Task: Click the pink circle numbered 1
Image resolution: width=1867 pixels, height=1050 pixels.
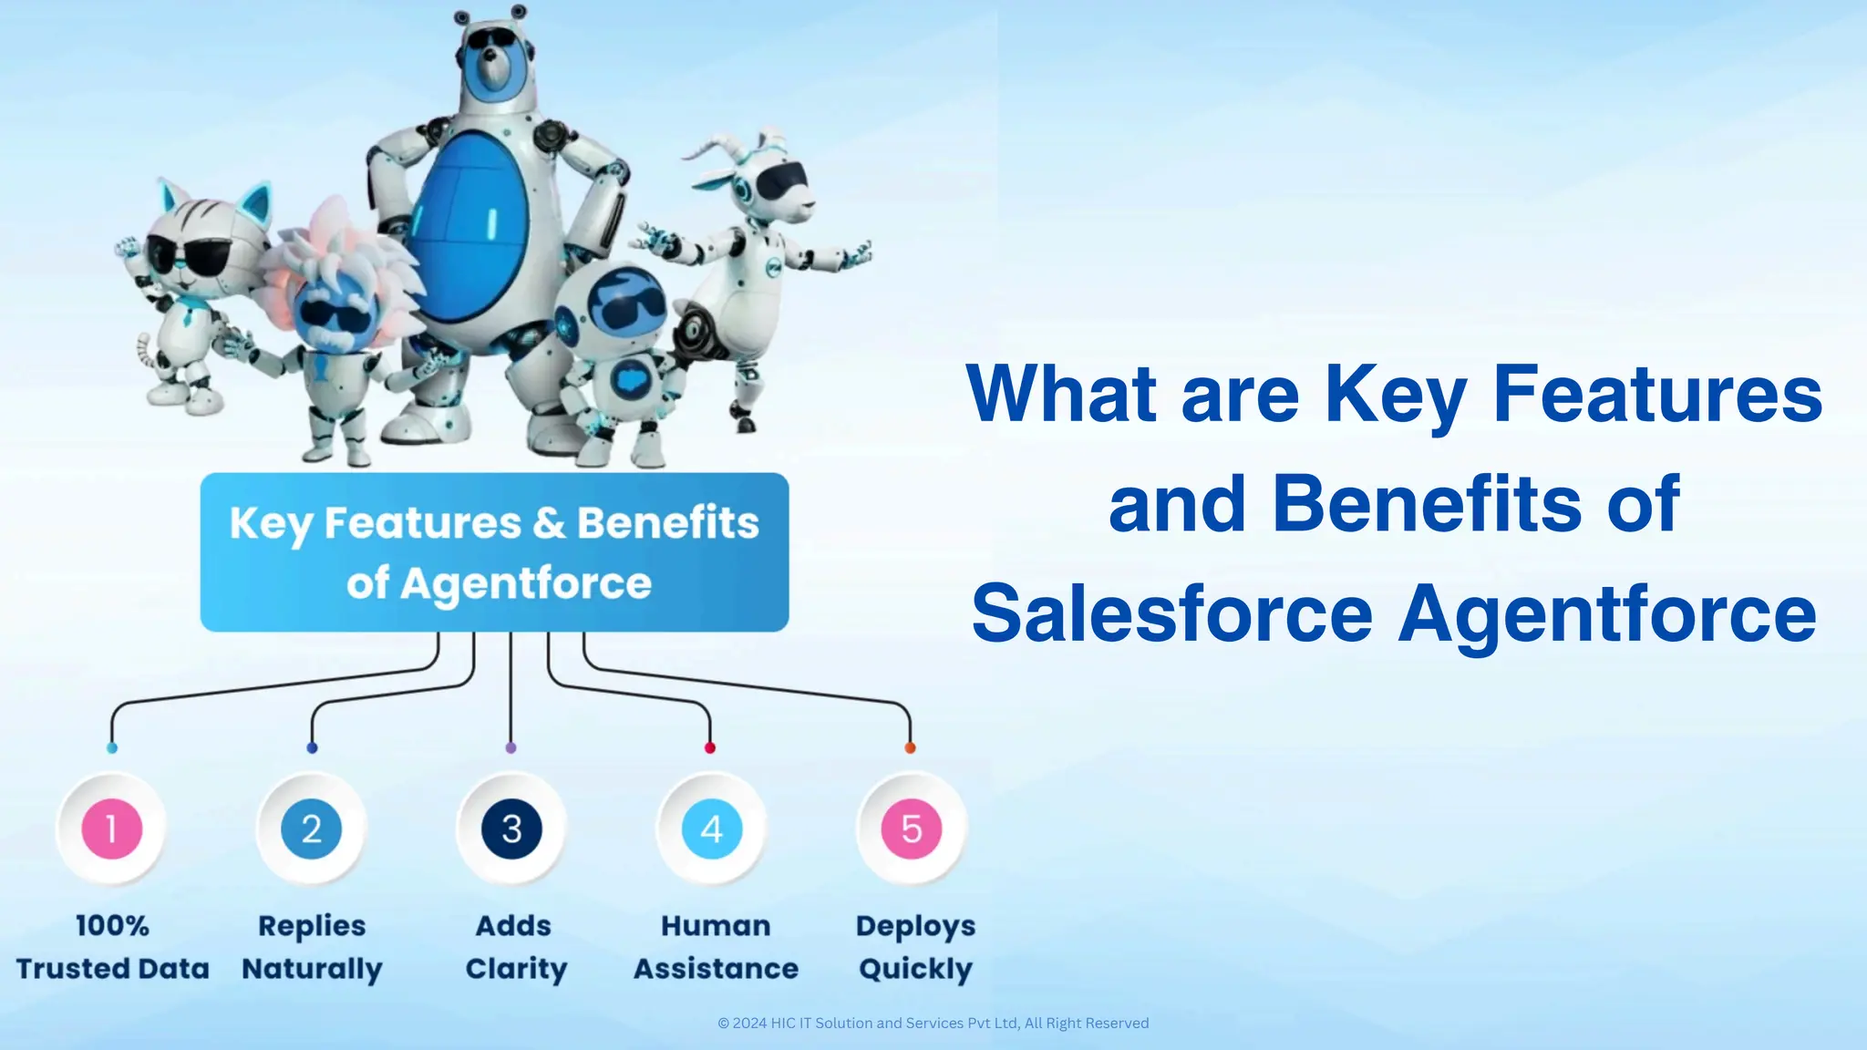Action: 111,829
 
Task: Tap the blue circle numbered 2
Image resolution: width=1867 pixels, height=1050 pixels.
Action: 311,829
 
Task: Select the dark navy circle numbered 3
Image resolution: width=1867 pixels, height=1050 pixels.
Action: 511,829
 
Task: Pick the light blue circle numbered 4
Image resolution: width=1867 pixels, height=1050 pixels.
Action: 711,829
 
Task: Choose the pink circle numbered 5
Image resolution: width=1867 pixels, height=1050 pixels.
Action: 911,829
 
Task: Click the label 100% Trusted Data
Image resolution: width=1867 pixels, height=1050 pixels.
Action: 112,947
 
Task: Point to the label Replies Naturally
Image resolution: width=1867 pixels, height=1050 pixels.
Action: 312,947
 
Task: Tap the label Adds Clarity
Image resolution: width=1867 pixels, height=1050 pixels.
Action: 515,947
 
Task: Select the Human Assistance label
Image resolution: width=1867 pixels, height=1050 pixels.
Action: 716,947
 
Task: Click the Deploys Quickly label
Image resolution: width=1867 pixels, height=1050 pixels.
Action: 915,947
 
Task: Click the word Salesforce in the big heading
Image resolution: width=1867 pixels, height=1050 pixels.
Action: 1171,613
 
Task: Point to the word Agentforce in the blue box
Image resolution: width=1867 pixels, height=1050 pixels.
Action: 526,583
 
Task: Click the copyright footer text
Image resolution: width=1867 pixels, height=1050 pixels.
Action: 933,1023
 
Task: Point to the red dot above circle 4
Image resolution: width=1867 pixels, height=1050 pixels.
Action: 710,748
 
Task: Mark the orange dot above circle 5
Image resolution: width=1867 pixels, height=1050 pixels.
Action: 910,748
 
